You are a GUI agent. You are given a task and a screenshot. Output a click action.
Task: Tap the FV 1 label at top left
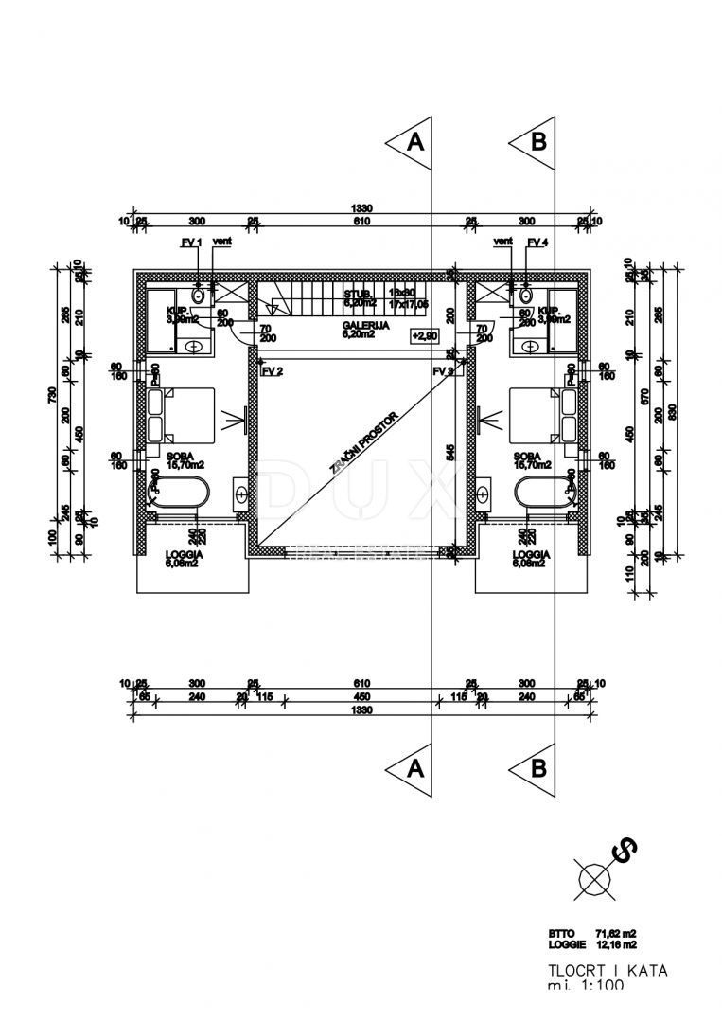192,243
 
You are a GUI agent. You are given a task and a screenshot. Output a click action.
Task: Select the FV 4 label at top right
537,243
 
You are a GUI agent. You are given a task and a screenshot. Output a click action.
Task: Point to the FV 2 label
272,371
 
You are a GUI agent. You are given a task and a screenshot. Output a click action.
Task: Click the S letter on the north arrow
625,852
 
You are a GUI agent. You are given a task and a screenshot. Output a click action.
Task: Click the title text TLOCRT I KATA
595,970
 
